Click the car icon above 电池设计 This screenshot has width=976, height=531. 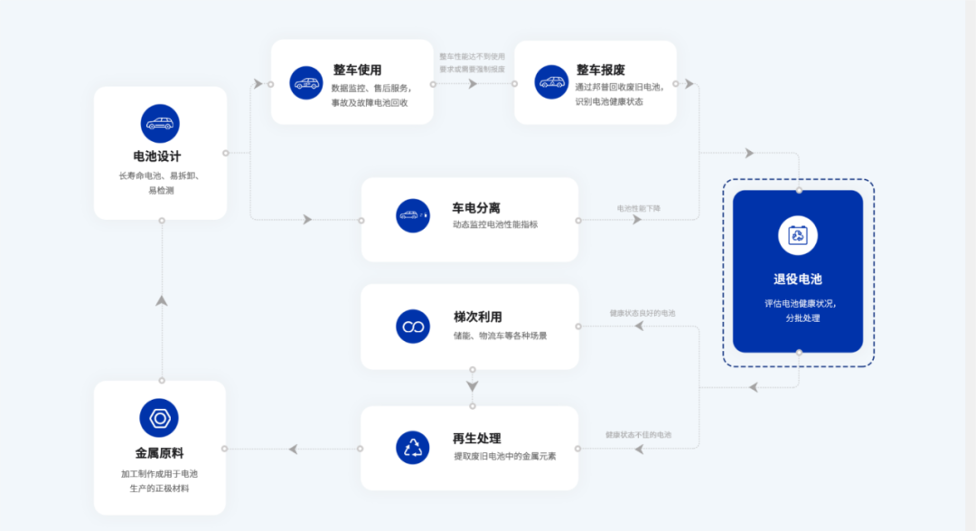(x=160, y=124)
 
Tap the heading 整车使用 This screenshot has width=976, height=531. (x=357, y=70)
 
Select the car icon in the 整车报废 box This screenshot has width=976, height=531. (x=551, y=82)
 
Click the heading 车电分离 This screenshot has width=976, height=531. (x=476, y=207)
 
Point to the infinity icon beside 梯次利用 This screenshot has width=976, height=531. (x=413, y=326)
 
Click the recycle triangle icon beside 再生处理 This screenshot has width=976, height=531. (x=413, y=447)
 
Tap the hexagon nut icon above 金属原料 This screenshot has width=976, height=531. (x=159, y=418)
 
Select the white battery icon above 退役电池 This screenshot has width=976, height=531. (x=798, y=235)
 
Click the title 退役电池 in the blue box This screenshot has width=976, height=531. (x=797, y=280)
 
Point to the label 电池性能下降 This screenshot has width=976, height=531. (x=639, y=208)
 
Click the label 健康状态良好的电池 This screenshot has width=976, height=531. (x=643, y=313)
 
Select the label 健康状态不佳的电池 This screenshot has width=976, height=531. (x=639, y=435)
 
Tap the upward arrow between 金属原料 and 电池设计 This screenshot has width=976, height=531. (x=162, y=299)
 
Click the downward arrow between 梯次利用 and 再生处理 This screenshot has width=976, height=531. (x=472, y=386)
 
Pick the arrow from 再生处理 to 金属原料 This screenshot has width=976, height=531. (x=295, y=449)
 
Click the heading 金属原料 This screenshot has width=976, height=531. (x=160, y=452)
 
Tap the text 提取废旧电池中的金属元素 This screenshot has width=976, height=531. (x=504, y=457)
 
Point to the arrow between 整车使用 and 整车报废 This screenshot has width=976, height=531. (x=473, y=84)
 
